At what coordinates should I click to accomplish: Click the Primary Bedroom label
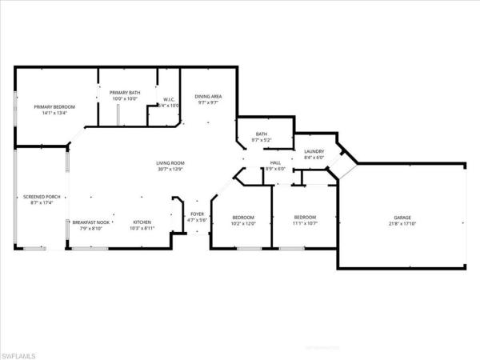pos(54,106)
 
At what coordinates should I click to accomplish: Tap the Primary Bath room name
pos(125,93)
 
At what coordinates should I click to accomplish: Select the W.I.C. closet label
pos(169,100)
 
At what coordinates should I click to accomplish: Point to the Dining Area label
pos(208,96)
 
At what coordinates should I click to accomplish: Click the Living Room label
pos(170,163)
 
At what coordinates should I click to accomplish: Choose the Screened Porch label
pos(42,197)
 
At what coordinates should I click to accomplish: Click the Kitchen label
pos(142,222)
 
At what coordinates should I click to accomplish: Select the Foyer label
pos(197,214)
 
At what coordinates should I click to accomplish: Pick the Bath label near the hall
pos(261,134)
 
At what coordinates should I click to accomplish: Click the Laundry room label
pos(314,150)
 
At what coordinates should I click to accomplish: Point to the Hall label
pos(275,162)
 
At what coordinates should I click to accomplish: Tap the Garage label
pos(402,218)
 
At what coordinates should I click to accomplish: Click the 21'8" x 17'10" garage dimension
pos(402,224)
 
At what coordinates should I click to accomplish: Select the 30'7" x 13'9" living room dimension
pos(170,170)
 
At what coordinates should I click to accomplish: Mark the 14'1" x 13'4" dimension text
pos(54,113)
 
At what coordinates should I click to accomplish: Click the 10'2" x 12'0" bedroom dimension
pos(243,224)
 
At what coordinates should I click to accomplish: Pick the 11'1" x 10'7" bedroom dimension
pos(305,224)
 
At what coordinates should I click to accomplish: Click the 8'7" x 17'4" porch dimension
pos(42,203)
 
